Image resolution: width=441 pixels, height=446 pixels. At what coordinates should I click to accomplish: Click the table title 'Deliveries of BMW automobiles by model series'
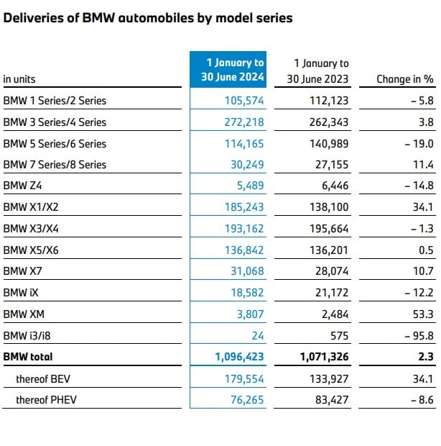click(148, 18)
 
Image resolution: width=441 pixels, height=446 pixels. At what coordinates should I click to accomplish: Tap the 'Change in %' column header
click(405, 79)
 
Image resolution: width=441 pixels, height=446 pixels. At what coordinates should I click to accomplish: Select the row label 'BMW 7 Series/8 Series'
click(55, 165)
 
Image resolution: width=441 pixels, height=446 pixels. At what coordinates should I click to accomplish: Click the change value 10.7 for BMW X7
click(424, 271)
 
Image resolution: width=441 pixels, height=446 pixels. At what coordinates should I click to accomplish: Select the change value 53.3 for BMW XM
click(424, 314)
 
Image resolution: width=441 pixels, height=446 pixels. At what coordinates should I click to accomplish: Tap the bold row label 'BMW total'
click(28, 356)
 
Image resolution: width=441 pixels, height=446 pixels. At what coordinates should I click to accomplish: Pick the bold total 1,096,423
click(239, 356)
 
